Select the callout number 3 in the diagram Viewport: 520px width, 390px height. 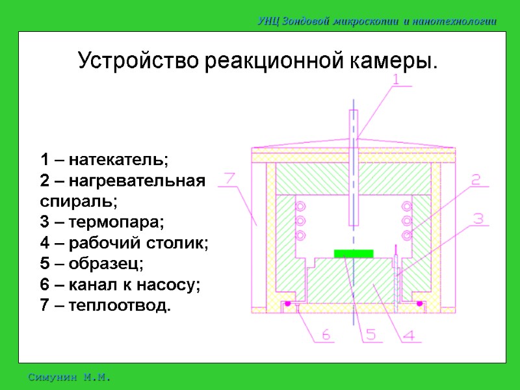coord(479,219)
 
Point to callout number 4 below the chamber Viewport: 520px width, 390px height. coord(410,335)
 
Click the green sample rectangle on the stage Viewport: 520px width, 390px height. coord(353,253)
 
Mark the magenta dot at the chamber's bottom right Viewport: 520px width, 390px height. coord(420,304)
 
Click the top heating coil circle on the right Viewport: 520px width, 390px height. coord(408,206)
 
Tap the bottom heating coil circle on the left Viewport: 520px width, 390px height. coord(300,235)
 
